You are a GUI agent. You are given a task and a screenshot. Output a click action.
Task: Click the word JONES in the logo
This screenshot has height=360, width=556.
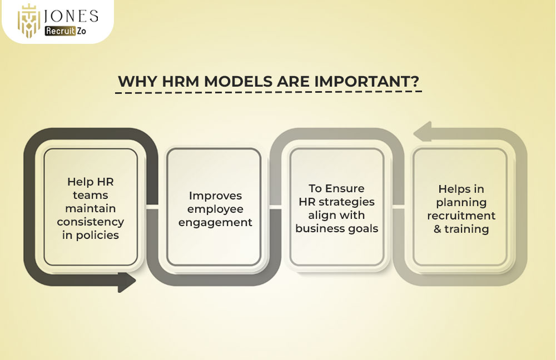click(x=72, y=16)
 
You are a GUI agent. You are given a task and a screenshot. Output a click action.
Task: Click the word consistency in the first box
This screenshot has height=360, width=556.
click(x=90, y=222)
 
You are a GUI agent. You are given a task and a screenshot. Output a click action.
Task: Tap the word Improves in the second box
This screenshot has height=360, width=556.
click(x=216, y=196)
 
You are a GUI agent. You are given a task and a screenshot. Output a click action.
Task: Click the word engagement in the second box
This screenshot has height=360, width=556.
click(x=220, y=222)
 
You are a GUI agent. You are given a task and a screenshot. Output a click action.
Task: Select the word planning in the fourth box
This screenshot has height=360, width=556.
click(x=461, y=202)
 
